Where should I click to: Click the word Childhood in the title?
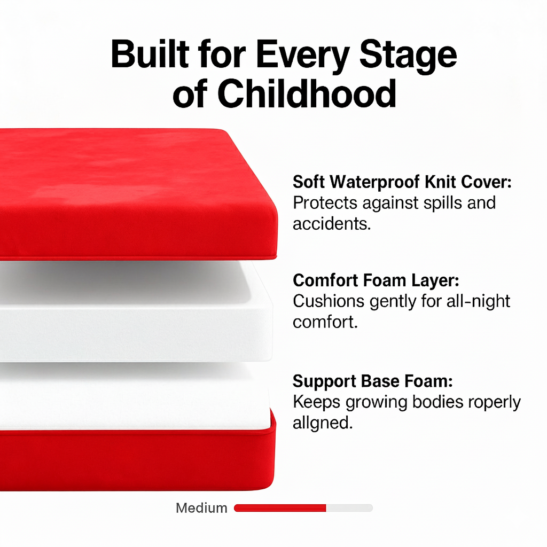[307, 95]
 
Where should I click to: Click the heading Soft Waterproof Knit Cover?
[402, 182]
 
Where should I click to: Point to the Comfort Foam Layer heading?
[376, 280]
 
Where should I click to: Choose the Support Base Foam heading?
[373, 381]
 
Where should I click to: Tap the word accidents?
[331, 223]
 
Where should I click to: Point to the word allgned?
[323, 423]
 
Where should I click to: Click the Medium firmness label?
[201, 508]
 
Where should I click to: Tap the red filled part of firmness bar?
[280, 508]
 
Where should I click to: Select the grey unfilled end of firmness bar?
[349, 508]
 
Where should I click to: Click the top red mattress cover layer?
[134, 192]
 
